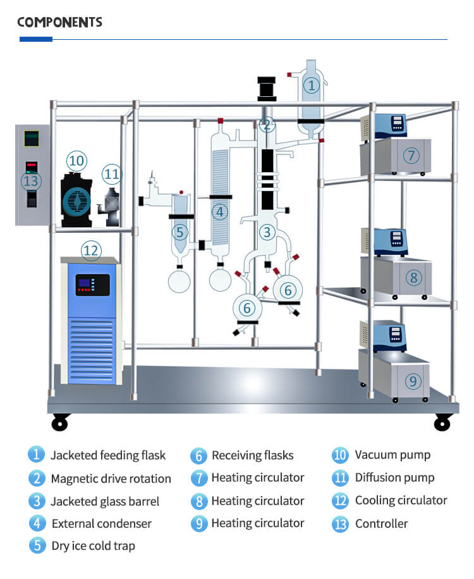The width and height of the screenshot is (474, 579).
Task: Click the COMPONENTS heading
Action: [x=59, y=22]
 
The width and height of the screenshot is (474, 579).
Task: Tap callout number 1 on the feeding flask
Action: [x=310, y=85]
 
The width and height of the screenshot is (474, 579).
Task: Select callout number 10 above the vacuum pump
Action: [x=76, y=161]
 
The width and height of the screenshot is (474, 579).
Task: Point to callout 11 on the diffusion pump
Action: [x=112, y=173]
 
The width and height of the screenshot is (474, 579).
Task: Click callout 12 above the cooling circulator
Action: [x=91, y=251]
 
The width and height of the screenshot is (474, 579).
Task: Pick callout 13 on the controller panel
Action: [x=30, y=182]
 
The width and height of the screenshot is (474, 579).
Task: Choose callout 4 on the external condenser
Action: [x=219, y=212]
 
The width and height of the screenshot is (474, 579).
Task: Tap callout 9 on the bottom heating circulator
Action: [x=412, y=381]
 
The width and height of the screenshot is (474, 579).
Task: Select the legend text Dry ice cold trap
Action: [x=93, y=545]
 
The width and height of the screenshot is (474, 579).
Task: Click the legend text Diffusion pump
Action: [x=394, y=478]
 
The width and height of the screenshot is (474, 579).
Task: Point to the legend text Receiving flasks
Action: [x=252, y=456]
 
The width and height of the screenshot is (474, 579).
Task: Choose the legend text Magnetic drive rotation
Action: [x=111, y=478]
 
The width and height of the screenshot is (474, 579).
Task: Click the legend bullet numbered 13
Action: [x=340, y=523]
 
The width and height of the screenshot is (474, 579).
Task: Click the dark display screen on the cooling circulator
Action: [x=92, y=285]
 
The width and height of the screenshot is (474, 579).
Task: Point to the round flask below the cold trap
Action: [x=179, y=280]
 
